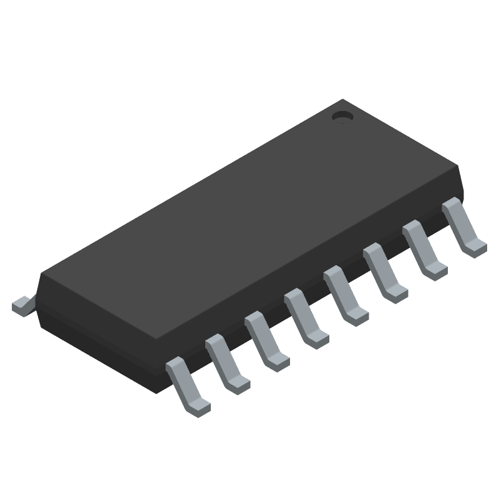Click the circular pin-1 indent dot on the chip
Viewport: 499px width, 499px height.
click(341, 116)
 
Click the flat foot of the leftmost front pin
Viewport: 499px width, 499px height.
click(198, 406)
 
